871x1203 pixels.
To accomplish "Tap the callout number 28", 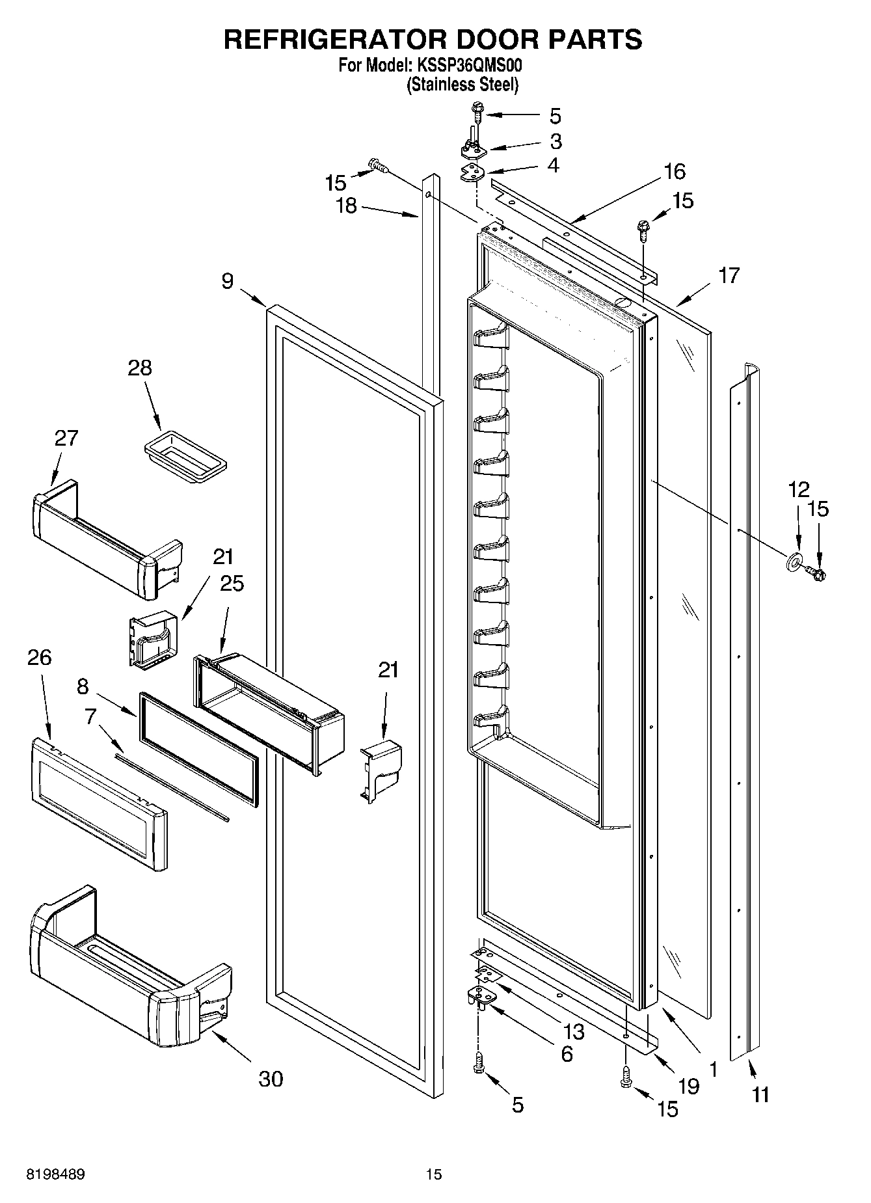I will [x=140, y=368].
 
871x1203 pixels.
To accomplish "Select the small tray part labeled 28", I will [x=185, y=459].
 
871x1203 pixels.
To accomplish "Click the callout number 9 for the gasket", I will [x=227, y=281].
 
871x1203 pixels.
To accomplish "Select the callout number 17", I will [x=729, y=276].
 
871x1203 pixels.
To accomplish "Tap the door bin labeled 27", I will [x=104, y=540].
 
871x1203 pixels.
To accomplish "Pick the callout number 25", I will [x=232, y=584].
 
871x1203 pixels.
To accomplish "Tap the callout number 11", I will [x=760, y=1095].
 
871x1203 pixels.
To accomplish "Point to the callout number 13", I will [x=574, y=1032].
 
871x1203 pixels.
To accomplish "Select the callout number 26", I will [x=40, y=657].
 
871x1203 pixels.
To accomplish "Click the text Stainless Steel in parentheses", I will [x=462, y=85].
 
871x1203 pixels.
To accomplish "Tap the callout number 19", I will [x=689, y=1085].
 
